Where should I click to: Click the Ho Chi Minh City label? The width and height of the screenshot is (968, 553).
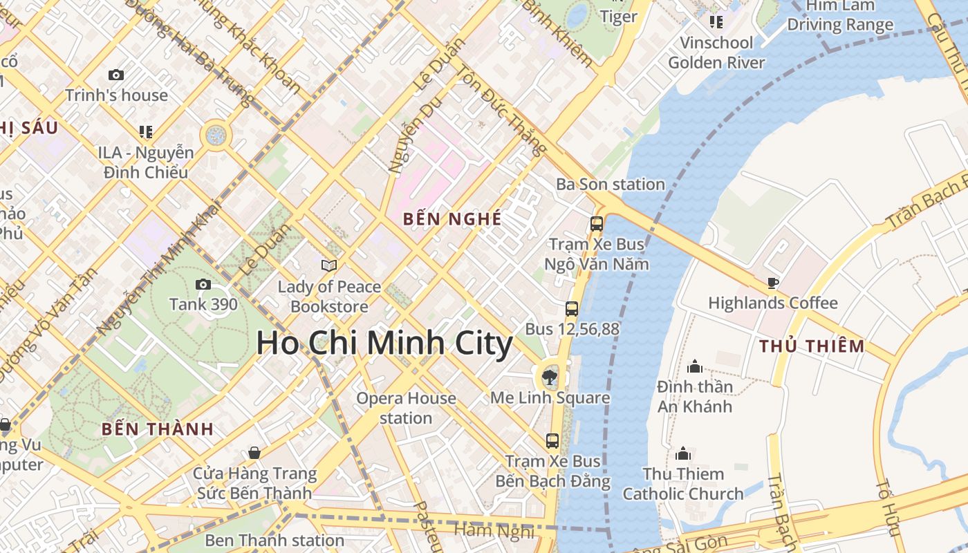[x=384, y=344]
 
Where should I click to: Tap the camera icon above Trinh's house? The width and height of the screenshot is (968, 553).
[x=116, y=75]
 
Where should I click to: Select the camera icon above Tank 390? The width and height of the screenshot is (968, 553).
[x=203, y=284]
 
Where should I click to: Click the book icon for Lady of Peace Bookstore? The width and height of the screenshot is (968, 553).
[x=329, y=265]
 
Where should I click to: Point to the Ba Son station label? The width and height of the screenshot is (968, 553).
[x=611, y=185]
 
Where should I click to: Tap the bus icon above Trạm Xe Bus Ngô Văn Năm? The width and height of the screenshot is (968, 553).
[x=596, y=224]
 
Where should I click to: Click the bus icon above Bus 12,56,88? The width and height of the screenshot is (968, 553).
[x=572, y=309]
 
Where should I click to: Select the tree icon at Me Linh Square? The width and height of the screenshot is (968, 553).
[x=550, y=377]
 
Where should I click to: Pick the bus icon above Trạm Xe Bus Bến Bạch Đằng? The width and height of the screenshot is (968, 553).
[x=552, y=440]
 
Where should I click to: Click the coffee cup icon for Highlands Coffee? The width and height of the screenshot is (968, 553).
[x=772, y=283]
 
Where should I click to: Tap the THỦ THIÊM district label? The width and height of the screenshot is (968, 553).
[x=812, y=346]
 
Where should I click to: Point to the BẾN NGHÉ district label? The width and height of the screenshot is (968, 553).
[x=452, y=219]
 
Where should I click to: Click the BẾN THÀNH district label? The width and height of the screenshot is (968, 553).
[x=158, y=429]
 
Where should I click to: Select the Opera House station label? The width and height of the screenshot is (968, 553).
[x=406, y=408]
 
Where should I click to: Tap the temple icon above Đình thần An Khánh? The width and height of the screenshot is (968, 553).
[x=695, y=366]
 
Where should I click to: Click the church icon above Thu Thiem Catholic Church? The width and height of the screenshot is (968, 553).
[x=683, y=453]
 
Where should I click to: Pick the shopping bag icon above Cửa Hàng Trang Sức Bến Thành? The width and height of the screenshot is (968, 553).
[x=254, y=453]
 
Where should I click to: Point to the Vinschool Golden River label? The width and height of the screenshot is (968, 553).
[x=716, y=53]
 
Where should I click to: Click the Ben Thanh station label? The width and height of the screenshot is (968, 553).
[x=274, y=540]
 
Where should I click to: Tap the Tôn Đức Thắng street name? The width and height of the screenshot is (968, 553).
[x=502, y=111]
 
